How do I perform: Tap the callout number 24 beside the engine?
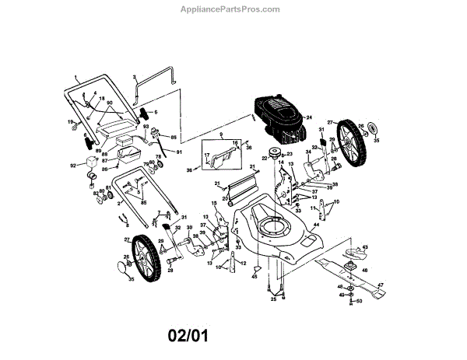point(308,117)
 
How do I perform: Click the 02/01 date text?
point(188,337)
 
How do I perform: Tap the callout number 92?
point(74,166)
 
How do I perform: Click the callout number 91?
point(177,152)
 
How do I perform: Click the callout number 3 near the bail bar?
point(134,78)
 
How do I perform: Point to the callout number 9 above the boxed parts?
point(220,135)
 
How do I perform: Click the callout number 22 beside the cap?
point(265,159)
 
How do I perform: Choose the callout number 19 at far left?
point(69,122)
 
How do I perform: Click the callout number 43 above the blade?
point(365,247)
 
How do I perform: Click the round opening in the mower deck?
point(276,228)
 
